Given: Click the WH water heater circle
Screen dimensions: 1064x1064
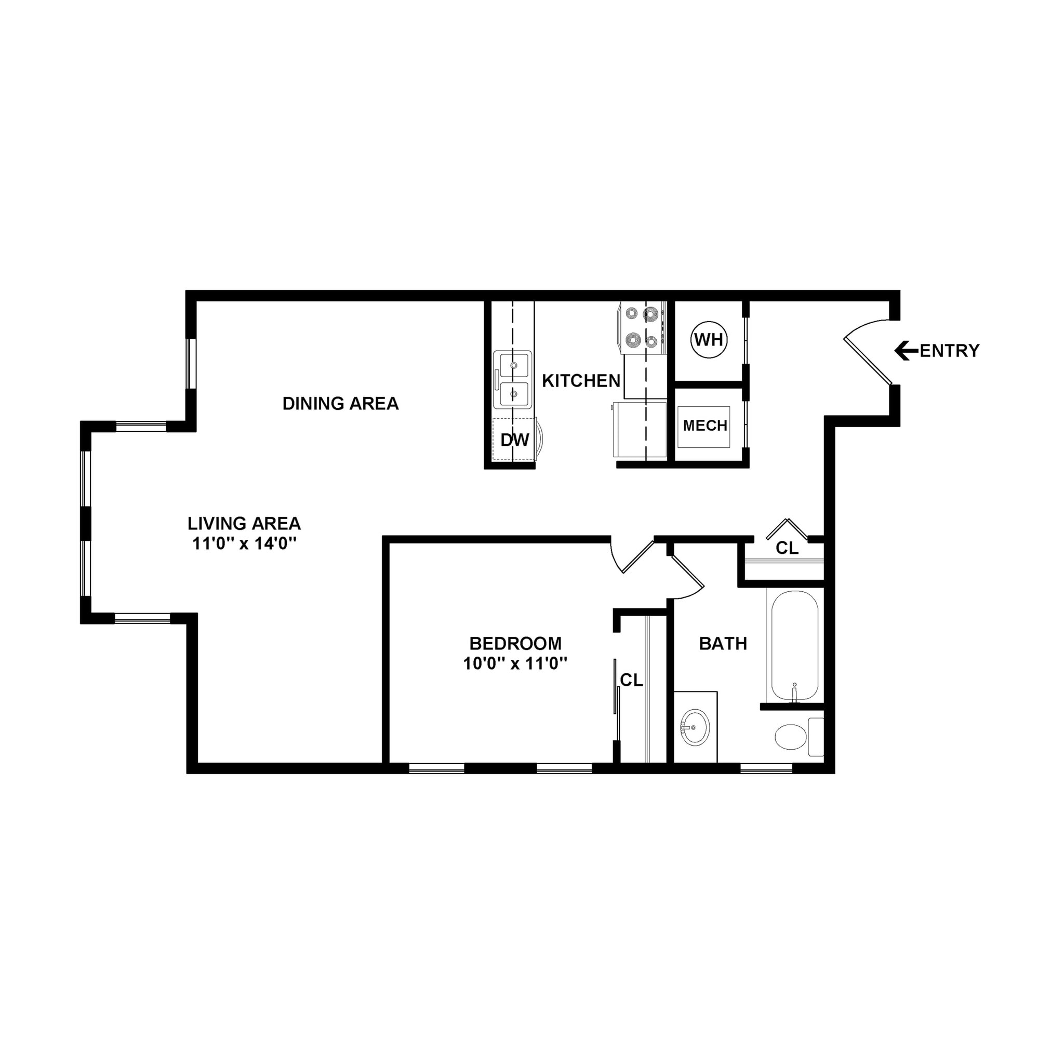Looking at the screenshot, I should pyautogui.click(x=708, y=340).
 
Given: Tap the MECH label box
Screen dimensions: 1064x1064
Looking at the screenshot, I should pyautogui.click(x=704, y=425).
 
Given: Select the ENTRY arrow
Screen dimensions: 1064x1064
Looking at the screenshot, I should pyautogui.click(x=906, y=350).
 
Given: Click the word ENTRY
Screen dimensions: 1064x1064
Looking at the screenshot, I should pyautogui.click(x=950, y=351).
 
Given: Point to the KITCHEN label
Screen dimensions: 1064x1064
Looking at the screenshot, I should pyautogui.click(x=581, y=380).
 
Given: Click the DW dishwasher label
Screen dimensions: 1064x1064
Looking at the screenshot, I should pyautogui.click(x=514, y=440).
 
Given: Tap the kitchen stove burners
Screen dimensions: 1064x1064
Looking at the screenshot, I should pyautogui.click(x=641, y=328).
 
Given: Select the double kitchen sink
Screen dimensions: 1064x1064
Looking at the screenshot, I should pyautogui.click(x=513, y=379).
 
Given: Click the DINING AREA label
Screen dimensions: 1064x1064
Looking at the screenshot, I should pyautogui.click(x=340, y=404).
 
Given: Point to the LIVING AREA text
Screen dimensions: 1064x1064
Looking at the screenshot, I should pyautogui.click(x=244, y=523).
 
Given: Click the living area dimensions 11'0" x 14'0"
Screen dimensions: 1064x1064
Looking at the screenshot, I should pyautogui.click(x=244, y=543).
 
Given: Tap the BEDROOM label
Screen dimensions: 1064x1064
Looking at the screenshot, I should pyautogui.click(x=515, y=643).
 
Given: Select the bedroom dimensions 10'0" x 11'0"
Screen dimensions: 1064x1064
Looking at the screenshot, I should pyautogui.click(x=515, y=663).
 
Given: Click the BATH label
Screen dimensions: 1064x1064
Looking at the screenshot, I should pyautogui.click(x=723, y=643).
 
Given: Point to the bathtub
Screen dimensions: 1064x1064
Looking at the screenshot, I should pyautogui.click(x=794, y=645).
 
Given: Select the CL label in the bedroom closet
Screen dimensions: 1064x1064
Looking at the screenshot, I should pyautogui.click(x=631, y=681).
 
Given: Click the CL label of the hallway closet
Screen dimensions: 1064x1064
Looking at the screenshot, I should pyautogui.click(x=787, y=548).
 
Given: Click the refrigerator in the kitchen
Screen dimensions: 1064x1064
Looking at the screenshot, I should pyautogui.click(x=639, y=430).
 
